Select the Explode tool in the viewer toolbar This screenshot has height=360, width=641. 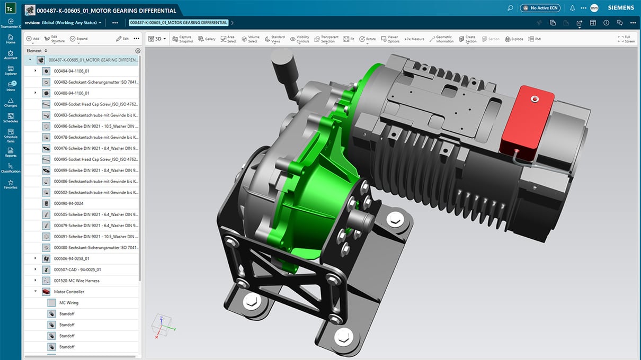pos(514,39)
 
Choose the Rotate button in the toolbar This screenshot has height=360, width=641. pos(367,39)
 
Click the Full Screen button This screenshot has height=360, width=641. pos(626,39)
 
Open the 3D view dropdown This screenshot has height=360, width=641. pos(157,39)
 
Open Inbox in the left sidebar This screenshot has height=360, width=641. pos(11,86)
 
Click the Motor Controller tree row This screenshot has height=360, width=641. pos(69,292)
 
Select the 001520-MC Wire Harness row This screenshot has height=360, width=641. pos(76,281)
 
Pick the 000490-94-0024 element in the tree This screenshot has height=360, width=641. pos(68,203)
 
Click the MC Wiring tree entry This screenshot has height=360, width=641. pos(69,303)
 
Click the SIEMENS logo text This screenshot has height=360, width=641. pos(620,8)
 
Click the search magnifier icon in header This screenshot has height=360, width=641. pos(510,8)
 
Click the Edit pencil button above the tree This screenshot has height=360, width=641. pos(122,39)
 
